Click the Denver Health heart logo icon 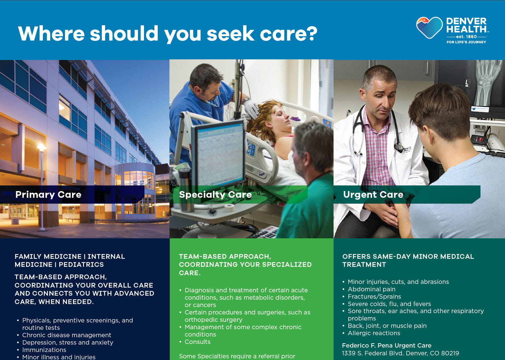[429, 28]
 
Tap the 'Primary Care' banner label [48, 195]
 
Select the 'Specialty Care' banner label [215, 195]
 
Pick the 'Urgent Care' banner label [373, 195]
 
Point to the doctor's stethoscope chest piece [399, 147]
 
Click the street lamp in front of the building [42, 148]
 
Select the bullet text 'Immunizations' [44, 350]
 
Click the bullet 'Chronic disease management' [67, 335]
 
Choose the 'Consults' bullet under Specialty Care [198, 342]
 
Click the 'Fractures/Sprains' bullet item [374, 297]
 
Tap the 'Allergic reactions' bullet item [374, 333]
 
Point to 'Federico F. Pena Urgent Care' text [386, 346]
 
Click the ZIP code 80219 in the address [450, 353]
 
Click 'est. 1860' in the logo [466, 37]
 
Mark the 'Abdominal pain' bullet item [371, 289]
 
